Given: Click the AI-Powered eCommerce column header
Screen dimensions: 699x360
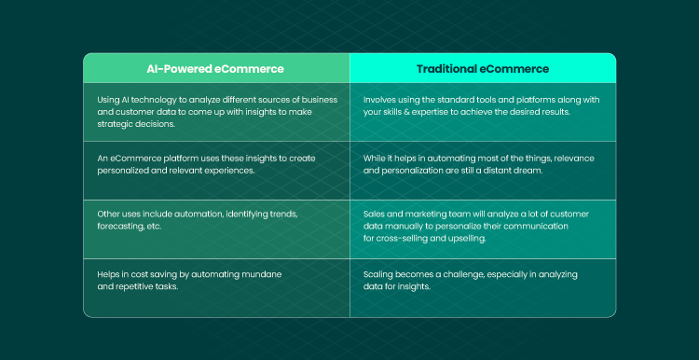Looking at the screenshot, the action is (x=215, y=69).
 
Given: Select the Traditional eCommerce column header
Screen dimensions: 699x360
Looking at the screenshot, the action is (x=483, y=69).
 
